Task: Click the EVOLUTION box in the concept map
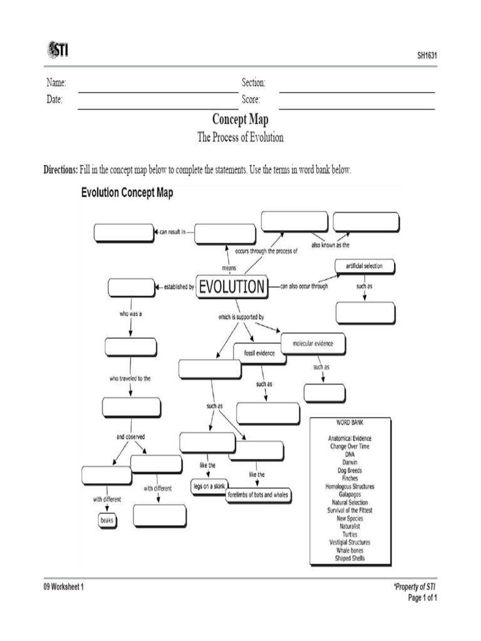pyautogui.click(x=232, y=287)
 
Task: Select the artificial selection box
pyautogui.click(x=364, y=266)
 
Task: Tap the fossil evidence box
pyautogui.click(x=259, y=353)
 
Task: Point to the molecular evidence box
pyautogui.click(x=313, y=343)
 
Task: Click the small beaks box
pyautogui.click(x=108, y=520)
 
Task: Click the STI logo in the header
pyautogui.click(x=57, y=49)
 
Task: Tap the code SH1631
pyautogui.click(x=427, y=56)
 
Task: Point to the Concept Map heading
pyautogui.click(x=240, y=120)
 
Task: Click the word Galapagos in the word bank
pyautogui.click(x=350, y=494)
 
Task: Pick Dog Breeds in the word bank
pyautogui.click(x=350, y=470)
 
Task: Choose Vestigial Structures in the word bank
pyautogui.click(x=350, y=542)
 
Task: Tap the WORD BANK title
pyautogui.click(x=350, y=424)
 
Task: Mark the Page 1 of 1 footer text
pyautogui.click(x=422, y=597)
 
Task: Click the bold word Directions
pyautogui.click(x=60, y=170)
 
